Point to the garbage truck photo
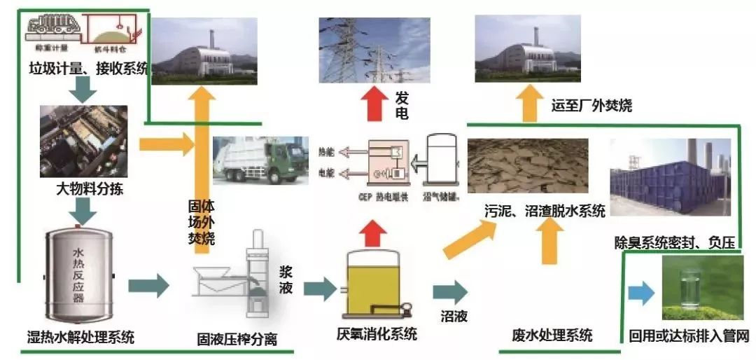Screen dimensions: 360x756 point(260,160)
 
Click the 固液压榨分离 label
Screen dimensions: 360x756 point(237,340)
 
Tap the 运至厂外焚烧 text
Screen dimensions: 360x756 point(592,106)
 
